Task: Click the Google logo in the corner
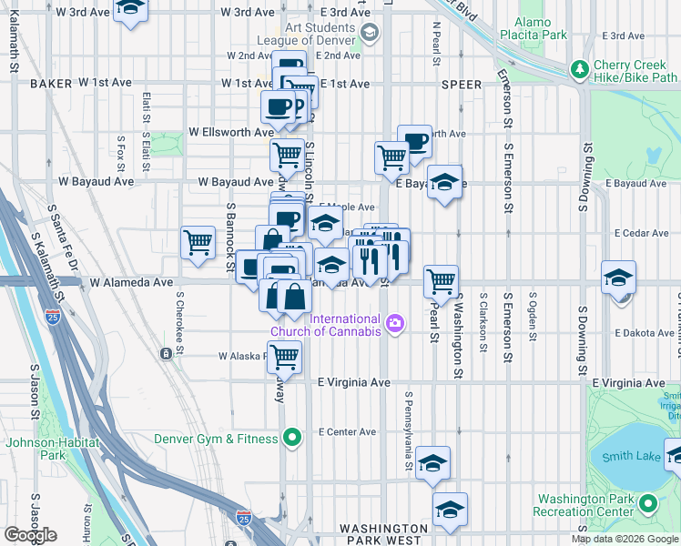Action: pyautogui.click(x=30, y=535)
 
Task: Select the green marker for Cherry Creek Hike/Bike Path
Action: pyautogui.click(x=579, y=69)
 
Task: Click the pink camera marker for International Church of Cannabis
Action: pyautogui.click(x=394, y=323)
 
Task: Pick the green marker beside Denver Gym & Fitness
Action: pyautogui.click(x=291, y=439)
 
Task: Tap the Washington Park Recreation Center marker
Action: pyautogui.click(x=648, y=503)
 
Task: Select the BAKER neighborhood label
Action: pyautogui.click(x=50, y=83)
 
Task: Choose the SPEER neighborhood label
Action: pyautogui.click(x=461, y=83)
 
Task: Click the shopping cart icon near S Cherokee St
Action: pyautogui.click(x=198, y=243)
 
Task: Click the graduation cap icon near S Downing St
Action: pyautogui.click(x=618, y=277)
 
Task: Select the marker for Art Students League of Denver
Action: pyautogui.click(x=369, y=34)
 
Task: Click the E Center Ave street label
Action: pyautogui.click(x=346, y=432)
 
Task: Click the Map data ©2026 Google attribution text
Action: pyautogui.click(x=625, y=539)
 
